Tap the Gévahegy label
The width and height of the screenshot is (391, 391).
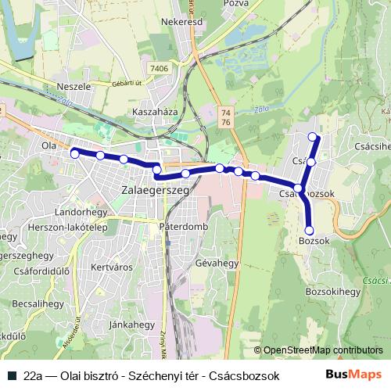coord(217,264)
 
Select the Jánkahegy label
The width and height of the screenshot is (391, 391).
coord(131,323)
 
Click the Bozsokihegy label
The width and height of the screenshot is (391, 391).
coord(332,291)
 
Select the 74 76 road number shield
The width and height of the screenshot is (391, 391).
coord(226,118)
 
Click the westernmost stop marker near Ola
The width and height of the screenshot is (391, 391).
coord(74,154)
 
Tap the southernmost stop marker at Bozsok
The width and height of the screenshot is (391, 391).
coord(309,230)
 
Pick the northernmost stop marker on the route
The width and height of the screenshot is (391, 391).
coord(314,137)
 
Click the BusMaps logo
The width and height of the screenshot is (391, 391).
coord(354,374)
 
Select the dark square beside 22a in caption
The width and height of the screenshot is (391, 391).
coord(13,375)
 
